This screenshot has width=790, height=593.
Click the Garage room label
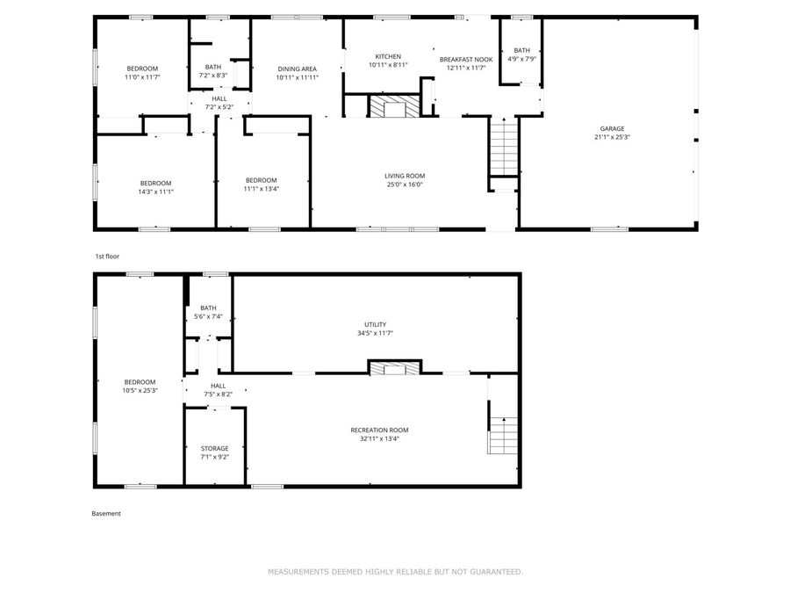coord(612,128)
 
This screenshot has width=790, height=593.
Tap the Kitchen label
coord(387,56)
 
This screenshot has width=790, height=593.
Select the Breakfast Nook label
coord(466,59)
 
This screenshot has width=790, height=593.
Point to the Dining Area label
coord(297,69)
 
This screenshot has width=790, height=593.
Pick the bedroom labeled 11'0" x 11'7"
coord(142,73)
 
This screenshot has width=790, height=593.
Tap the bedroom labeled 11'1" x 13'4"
coord(261,184)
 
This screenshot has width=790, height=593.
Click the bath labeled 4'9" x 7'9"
coord(521,54)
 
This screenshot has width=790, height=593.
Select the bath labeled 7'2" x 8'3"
coord(213,71)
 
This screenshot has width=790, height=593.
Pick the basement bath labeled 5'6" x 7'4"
coord(208,312)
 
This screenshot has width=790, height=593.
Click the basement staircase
coord(501,434)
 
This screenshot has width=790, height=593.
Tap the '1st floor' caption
coord(107,257)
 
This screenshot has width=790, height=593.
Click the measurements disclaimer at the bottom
coord(395,572)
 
